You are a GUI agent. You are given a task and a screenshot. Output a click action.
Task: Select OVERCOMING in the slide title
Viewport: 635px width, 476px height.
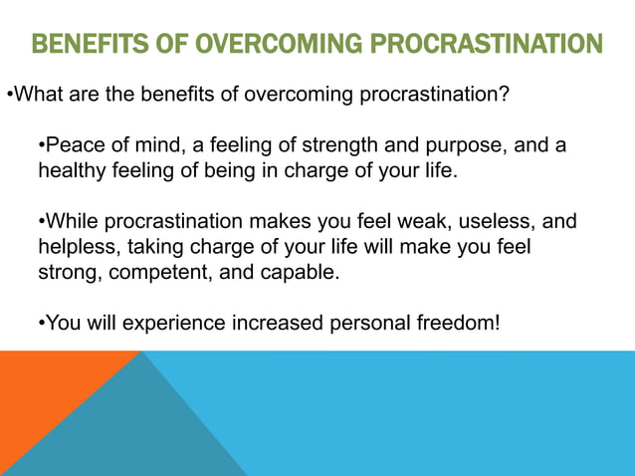point(266,46)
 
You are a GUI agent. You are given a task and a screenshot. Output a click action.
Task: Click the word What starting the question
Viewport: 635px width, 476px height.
point(40,97)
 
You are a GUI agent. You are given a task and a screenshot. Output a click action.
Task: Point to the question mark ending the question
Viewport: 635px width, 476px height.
point(506,97)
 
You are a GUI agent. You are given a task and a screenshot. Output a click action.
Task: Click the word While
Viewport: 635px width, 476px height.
point(73,221)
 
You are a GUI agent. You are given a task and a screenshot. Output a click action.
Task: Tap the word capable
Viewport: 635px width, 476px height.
point(301,271)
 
